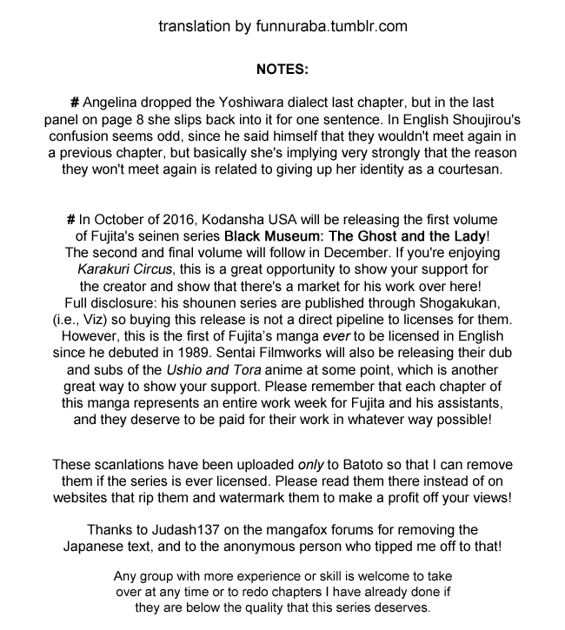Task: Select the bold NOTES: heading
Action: pos(282,68)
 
